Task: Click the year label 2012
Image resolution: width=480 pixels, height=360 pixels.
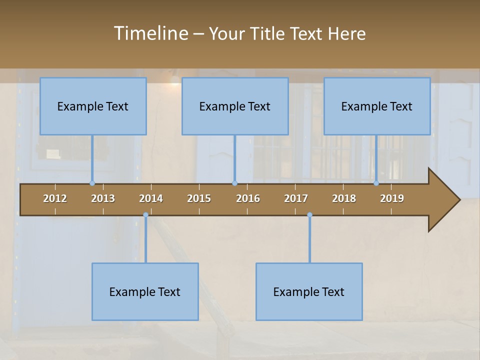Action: click(55, 198)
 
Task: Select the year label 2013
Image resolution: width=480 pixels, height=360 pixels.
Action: click(103, 198)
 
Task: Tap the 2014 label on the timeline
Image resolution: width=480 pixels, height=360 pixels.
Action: click(151, 198)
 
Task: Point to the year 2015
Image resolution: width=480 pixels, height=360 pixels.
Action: click(199, 198)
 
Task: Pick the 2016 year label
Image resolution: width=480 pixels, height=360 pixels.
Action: click(248, 198)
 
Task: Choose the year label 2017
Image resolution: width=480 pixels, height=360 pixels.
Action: click(296, 198)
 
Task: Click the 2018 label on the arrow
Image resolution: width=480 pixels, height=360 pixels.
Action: click(344, 198)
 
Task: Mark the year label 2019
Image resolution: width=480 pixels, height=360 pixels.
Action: click(392, 198)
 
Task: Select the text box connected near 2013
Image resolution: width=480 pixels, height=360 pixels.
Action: click(93, 106)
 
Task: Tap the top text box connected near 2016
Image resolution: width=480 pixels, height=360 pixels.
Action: click(235, 106)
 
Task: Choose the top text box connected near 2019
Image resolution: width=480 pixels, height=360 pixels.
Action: click(377, 106)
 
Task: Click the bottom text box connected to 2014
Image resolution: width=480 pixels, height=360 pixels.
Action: click(145, 291)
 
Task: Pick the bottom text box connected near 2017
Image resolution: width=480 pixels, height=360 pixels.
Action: click(309, 291)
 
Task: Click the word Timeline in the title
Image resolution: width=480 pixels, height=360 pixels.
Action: click(150, 33)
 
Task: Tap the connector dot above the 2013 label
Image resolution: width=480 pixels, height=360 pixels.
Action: click(92, 183)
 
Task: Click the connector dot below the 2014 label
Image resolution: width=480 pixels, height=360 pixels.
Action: click(145, 215)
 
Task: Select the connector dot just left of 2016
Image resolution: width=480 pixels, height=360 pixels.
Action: click(235, 183)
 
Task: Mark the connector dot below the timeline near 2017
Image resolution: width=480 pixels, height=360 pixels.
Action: click(309, 215)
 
